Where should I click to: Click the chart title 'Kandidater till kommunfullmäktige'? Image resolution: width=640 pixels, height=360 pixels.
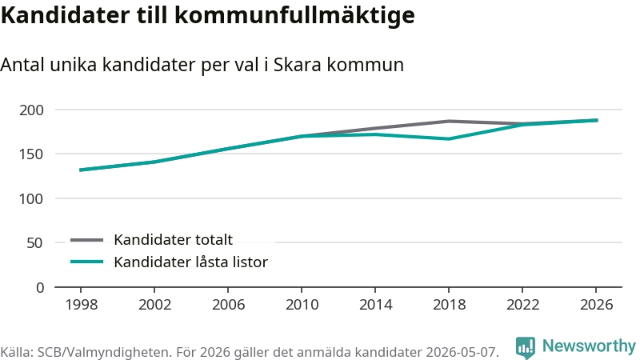pos(208,15)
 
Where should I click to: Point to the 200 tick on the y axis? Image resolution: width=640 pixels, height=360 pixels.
pos(31,110)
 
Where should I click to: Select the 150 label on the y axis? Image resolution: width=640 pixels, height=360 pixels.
pos(31,154)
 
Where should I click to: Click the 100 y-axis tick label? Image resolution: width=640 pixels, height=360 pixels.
pos(31,198)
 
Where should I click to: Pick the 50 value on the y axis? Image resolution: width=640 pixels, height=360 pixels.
pos(35,243)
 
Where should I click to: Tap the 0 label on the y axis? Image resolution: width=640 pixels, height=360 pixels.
pos(39,288)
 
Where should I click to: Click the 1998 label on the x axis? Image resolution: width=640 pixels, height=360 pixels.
pos(82,305)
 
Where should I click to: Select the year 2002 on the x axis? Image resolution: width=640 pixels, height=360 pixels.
pos(154,305)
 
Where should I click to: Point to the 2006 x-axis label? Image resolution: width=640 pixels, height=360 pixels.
pos(228,305)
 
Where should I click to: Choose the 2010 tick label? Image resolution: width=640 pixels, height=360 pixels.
pos(302,305)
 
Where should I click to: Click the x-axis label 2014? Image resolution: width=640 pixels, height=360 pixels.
pos(375,305)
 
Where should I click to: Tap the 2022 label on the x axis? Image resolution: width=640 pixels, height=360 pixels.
pos(523,305)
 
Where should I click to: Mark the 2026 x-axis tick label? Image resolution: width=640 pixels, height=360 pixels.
pos(596,305)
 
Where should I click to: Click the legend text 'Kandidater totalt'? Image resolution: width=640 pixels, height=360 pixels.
pos(173,239)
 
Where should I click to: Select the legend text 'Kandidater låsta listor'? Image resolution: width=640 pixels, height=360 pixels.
pos(190,262)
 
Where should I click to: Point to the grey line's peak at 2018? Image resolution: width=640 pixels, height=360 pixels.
pos(449,122)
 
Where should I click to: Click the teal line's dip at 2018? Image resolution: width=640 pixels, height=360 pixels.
pos(449,138)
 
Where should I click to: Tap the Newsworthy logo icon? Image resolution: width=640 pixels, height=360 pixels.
pos(526,347)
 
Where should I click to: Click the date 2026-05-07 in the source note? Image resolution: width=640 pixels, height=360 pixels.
pos(462,352)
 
